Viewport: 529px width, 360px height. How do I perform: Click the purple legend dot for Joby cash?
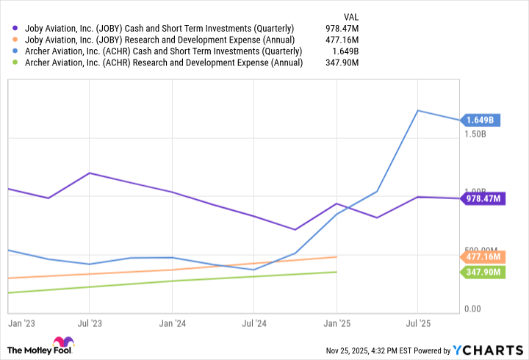click(x=16, y=27)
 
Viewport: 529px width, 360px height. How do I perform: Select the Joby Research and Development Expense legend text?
click(x=160, y=39)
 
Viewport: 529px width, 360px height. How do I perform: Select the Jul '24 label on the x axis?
click(x=253, y=322)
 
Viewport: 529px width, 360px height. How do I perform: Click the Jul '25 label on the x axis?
click(x=418, y=322)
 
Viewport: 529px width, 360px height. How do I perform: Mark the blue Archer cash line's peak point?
click(x=418, y=111)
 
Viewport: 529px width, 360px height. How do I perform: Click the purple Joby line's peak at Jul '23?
click(x=89, y=173)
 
